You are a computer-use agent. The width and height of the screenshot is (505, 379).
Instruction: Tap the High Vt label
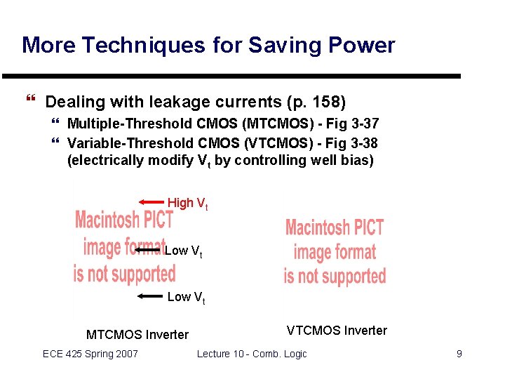point(187,204)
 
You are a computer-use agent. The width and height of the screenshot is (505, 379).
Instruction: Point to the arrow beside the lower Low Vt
point(150,297)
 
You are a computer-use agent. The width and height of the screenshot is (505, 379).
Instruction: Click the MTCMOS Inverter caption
point(137,335)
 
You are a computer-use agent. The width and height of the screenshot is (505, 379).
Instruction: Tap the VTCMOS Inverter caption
point(337,331)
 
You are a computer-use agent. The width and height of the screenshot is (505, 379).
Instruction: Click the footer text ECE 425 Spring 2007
point(90,354)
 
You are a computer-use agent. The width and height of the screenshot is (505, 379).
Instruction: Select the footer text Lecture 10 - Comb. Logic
point(252,354)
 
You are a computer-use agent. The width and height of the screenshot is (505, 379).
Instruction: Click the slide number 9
point(459,354)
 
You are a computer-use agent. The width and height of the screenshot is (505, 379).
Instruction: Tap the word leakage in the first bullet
point(177,102)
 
